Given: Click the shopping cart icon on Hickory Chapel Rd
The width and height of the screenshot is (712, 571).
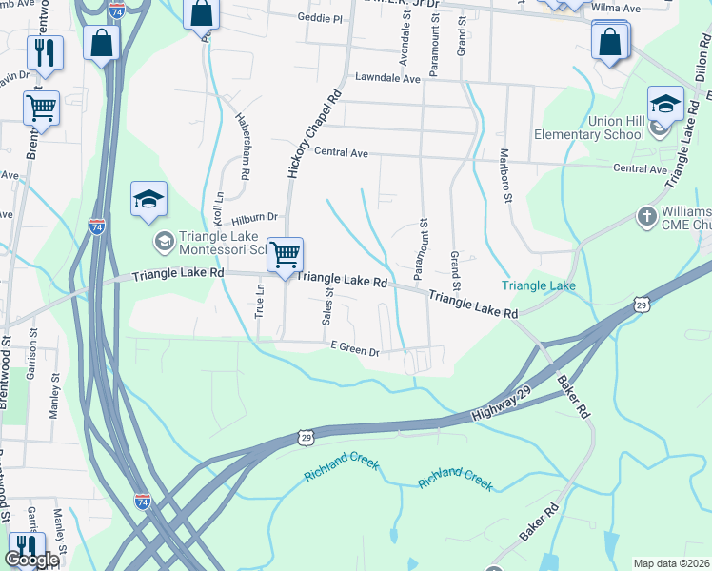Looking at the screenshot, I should point(285,254).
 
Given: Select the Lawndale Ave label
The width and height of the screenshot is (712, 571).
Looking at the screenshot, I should point(387,79).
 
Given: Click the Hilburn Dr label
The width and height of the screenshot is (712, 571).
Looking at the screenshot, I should point(254,217).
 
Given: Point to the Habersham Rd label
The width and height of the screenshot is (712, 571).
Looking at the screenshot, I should point(243,147).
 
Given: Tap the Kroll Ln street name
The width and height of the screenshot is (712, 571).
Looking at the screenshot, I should point(217,207).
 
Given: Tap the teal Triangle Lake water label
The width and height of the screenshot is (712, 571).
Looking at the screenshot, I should point(539,285).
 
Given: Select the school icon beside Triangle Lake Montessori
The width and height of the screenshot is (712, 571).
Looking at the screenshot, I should point(149,200).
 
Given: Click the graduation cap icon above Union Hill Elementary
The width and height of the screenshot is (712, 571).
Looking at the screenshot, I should point(665,104).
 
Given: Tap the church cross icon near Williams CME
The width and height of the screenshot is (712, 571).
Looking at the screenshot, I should point(646,217).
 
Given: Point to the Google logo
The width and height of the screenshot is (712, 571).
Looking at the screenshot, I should point(31,560).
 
